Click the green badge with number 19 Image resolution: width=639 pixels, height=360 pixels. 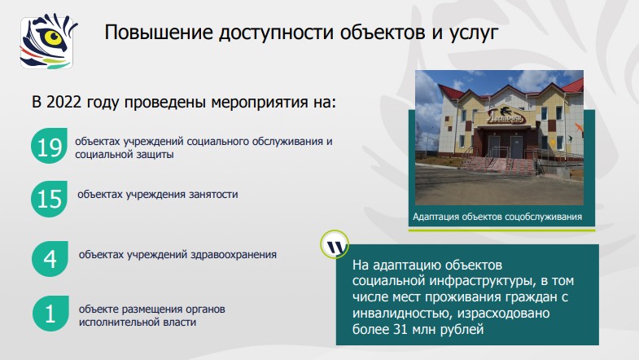[x=50, y=147]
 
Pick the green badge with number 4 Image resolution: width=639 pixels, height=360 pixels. [x=50, y=259]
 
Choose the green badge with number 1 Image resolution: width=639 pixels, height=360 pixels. [x=50, y=315]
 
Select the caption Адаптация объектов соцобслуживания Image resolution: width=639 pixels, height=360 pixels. [x=497, y=217]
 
